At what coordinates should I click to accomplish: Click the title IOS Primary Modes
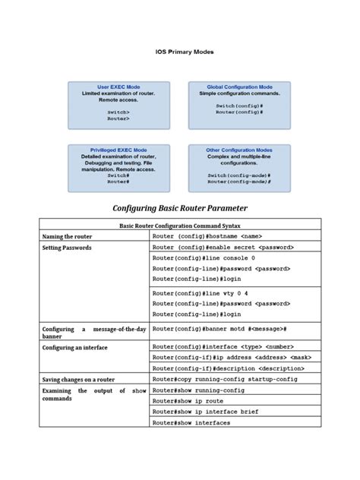[x=179, y=52]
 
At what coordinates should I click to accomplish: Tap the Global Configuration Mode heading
[x=239, y=87]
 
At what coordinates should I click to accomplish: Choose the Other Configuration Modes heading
[x=239, y=150]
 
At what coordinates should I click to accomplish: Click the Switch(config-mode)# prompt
[x=239, y=175]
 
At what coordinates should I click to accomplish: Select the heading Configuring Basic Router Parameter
[x=180, y=207]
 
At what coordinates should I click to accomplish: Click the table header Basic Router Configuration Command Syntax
[x=180, y=226]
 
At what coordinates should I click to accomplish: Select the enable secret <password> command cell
[x=223, y=248]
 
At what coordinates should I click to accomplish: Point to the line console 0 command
[x=204, y=258]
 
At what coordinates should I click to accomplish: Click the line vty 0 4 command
[x=200, y=292]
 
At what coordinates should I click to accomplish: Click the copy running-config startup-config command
[x=225, y=378]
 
